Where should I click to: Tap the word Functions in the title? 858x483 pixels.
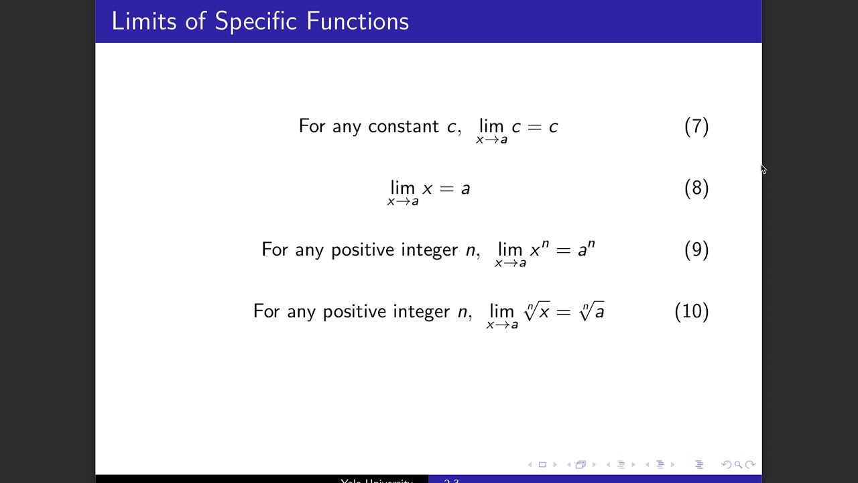[357, 21]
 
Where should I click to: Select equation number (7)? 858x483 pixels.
[696, 127]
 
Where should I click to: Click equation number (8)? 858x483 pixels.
[696, 189]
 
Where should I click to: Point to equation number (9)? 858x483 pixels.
[696, 250]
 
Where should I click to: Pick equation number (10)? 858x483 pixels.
[691, 312]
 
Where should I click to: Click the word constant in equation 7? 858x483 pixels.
[404, 127]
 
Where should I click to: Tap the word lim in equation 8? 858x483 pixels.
[403, 188]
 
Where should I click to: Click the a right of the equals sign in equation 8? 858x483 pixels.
[465, 189]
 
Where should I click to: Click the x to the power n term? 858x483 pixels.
[539, 250]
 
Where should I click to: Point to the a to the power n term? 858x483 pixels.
[586, 250]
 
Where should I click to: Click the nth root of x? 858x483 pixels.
[537, 311]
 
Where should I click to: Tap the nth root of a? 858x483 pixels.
[592, 311]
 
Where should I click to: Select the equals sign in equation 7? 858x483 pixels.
[534, 127]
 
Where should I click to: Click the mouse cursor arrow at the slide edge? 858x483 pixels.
[763, 169]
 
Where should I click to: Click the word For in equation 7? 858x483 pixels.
[312, 127]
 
